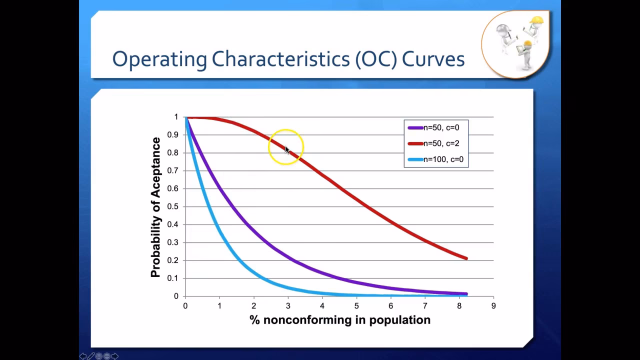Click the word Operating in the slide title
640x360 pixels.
coord(159,59)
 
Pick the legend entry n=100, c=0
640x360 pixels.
coord(443,159)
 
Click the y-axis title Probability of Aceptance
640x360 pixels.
coord(156,207)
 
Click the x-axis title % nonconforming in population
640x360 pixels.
coord(339,320)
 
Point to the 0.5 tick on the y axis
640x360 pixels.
coord(172,206)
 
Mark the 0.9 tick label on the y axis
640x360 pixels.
coord(172,135)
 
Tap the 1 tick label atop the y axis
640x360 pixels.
coord(176,117)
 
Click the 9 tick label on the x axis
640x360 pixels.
coord(493,306)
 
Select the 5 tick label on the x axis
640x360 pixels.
coord(356,306)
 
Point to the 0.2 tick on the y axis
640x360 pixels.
coord(172,260)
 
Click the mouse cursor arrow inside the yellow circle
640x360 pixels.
coord(287,149)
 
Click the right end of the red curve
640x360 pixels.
coord(466,258)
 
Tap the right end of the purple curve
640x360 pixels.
coord(466,294)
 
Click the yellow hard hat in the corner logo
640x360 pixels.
coord(536,20)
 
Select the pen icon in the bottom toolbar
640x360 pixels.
coord(91,356)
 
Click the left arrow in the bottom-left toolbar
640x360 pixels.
coord(83,356)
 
